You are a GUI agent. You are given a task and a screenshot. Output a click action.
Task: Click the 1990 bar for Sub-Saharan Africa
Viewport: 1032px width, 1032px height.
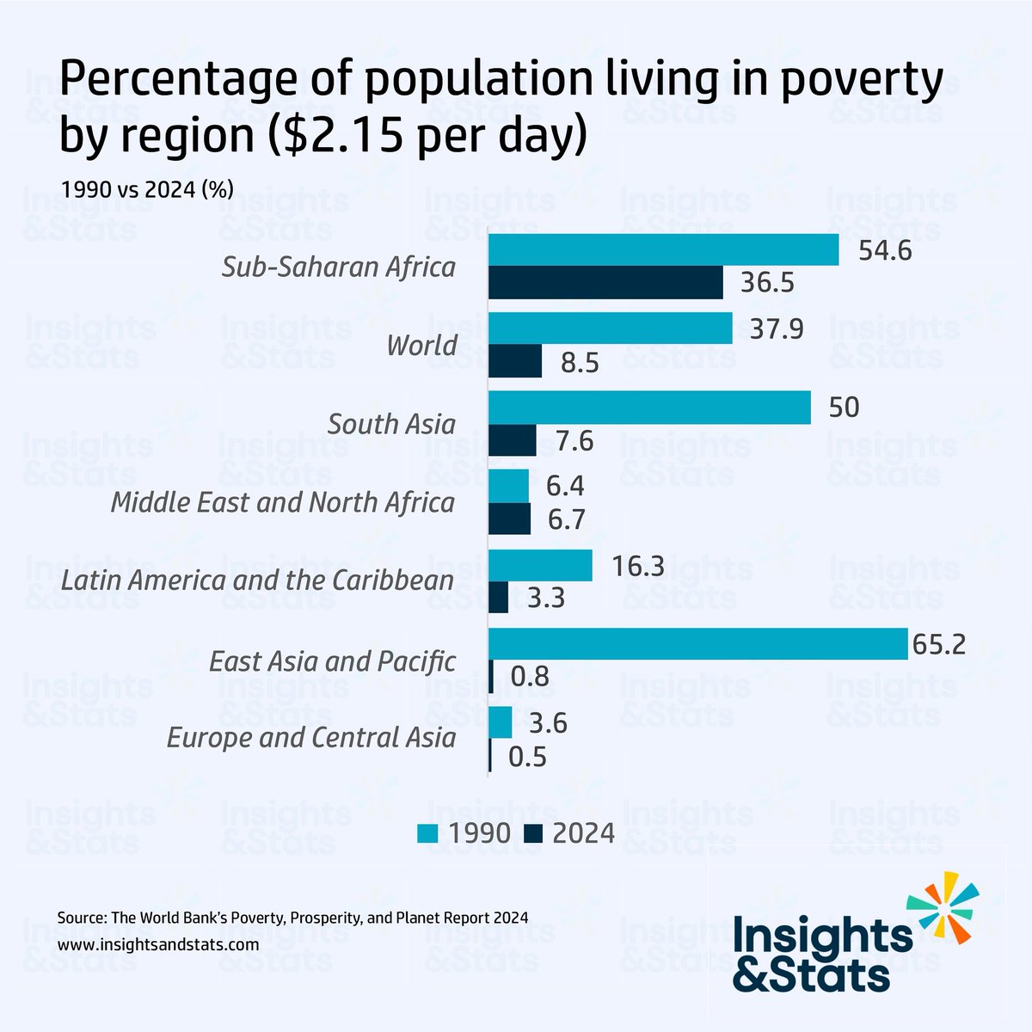pyautogui.click(x=663, y=249)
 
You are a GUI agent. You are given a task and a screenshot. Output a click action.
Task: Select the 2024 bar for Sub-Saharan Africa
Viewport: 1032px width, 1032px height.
pyautogui.click(x=605, y=283)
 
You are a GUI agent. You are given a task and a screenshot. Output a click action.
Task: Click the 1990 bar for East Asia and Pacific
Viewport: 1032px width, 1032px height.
pyautogui.click(x=697, y=643)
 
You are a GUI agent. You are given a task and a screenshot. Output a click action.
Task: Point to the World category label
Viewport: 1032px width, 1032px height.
pyautogui.click(x=421, y=346)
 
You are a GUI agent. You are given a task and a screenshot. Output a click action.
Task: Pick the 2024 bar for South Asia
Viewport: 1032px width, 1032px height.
pyautogui.click(x=512, y=440)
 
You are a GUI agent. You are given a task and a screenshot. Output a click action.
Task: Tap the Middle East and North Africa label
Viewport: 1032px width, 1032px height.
pyautogui.click(x=283, y=502)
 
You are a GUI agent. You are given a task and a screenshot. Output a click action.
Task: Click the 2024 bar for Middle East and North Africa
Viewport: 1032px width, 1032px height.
pyautogui.click(x=509, y=519)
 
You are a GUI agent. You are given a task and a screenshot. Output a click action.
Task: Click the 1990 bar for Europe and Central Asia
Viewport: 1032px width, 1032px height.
pyautogui.click(x=500, y=722)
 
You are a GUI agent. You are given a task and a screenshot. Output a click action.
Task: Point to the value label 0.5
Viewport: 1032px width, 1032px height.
pyautogui.click(x=528, y=757)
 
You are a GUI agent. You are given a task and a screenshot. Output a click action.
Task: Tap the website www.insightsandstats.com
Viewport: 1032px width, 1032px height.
pyautogui.click(x=159, y=943)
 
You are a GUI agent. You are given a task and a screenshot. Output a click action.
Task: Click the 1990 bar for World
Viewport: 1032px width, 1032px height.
pyautogui.click(x=610, y=329)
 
